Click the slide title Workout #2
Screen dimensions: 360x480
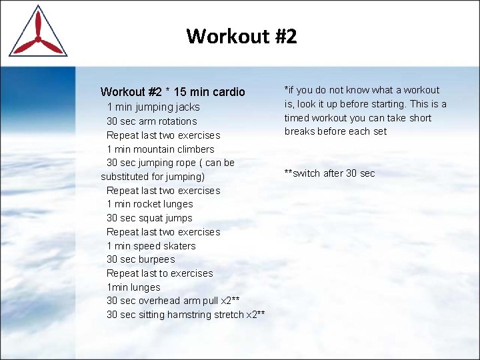point(241,35)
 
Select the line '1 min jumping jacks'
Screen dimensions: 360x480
point(153,107)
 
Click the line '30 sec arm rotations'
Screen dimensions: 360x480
point(151,121)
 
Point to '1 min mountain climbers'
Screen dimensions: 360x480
point(160,149)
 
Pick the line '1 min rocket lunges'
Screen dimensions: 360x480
point(149,204)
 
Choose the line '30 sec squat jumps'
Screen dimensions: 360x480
point(149,218)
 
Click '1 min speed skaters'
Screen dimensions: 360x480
point(151,245)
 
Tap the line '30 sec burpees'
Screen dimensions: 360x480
point(141,259)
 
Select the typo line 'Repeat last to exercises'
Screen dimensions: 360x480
point(159,273)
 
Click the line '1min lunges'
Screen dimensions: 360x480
point(133,287)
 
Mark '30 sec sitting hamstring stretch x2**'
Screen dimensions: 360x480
point(185,315)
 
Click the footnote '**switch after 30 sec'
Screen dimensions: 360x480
point(329,173)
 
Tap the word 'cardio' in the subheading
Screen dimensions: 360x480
point(229,92)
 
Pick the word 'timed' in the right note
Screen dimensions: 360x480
point(297,118)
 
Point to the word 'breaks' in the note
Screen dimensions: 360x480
point(300,131)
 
